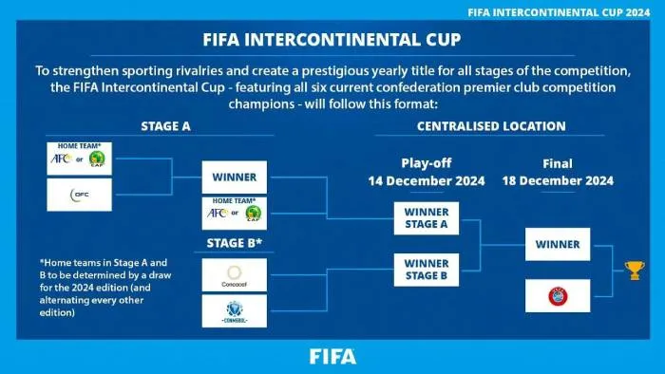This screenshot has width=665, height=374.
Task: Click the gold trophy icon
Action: click(x=635, y=270)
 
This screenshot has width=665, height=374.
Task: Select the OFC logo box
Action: click(x=79, y=195)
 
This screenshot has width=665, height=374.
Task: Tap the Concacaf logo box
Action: click(x=235, y=274)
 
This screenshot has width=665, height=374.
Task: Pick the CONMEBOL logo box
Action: click(x=235, y=310)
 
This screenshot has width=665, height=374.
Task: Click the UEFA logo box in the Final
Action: click(x=558, y=295)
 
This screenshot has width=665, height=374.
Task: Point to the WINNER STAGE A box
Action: click(x=426, y=217)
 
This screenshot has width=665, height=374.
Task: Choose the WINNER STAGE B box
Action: click(x=426, y=270)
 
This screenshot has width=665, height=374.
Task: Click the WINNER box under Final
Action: click(x=558, y=244)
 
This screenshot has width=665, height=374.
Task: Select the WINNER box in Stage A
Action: click(x=235, y=176)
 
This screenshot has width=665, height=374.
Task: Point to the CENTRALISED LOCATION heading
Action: click(x=490, y=125)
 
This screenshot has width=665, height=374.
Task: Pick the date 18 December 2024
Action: click(x=558, y=180)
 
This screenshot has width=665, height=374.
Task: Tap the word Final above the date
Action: click(x=558, y=162)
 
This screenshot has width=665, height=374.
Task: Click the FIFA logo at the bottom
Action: click(x=332, y=357)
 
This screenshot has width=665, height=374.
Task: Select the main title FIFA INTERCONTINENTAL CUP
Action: click(x=332, y=40)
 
